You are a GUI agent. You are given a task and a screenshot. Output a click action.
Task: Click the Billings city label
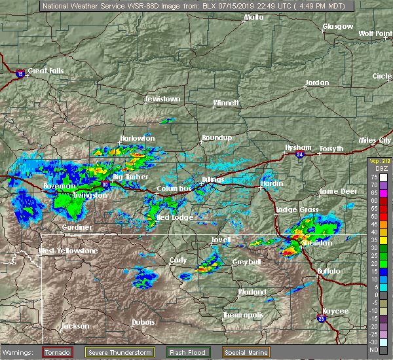point(214,179)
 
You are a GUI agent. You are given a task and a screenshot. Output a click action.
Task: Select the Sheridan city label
point(318,243)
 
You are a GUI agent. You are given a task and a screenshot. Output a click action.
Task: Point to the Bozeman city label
point(59,186)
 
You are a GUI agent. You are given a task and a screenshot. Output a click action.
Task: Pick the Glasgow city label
point(338,27)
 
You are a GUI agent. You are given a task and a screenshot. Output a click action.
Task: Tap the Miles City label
point(375,141)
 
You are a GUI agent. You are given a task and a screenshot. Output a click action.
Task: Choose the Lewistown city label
point(162,99)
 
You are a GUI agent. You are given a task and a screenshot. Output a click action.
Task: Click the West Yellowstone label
point(68,251)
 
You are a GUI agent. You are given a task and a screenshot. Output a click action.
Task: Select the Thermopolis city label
point(244,315)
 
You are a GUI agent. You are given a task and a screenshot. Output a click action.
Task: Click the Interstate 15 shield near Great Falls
point(21,74)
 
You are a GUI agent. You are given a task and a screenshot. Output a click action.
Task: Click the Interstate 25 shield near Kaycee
point(320,319)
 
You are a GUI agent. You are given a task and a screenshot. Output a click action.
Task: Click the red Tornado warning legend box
point(58,352)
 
